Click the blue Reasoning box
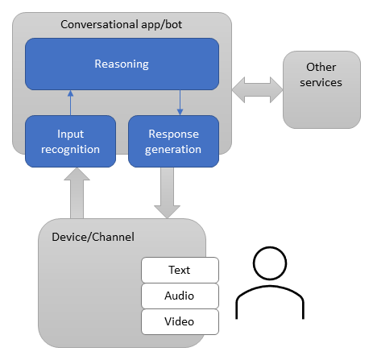click(122, 64)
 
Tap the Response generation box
click(173, 141)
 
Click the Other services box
click(321, 89)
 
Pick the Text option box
click(179, 269)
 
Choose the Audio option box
click(179, 296)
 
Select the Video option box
click(179, 321)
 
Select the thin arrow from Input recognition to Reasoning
click(70, 102)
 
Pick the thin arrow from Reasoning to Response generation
click(180, 102)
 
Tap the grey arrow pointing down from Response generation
click(167, 192)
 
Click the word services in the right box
click(320, 82)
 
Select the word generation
click(173, 149)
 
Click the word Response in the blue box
click(173, 134)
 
